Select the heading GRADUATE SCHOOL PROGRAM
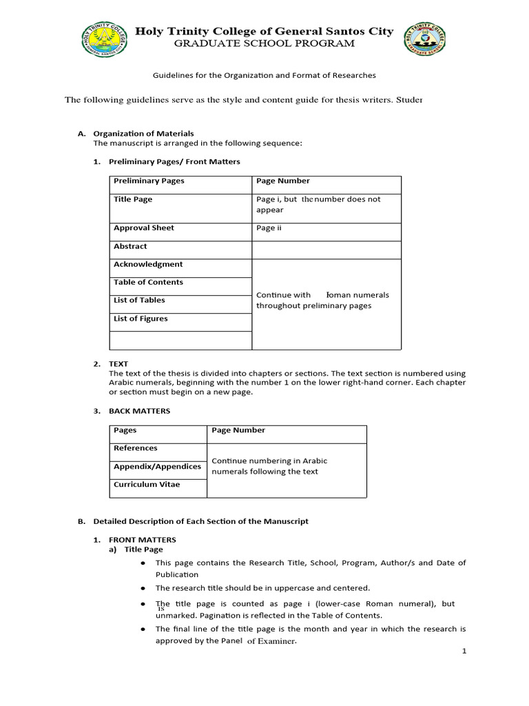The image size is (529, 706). pos(264,43)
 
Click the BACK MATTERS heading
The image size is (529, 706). pos(139,411)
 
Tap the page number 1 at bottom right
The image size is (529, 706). pos(464,651)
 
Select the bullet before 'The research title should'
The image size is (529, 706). pos(142,588)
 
